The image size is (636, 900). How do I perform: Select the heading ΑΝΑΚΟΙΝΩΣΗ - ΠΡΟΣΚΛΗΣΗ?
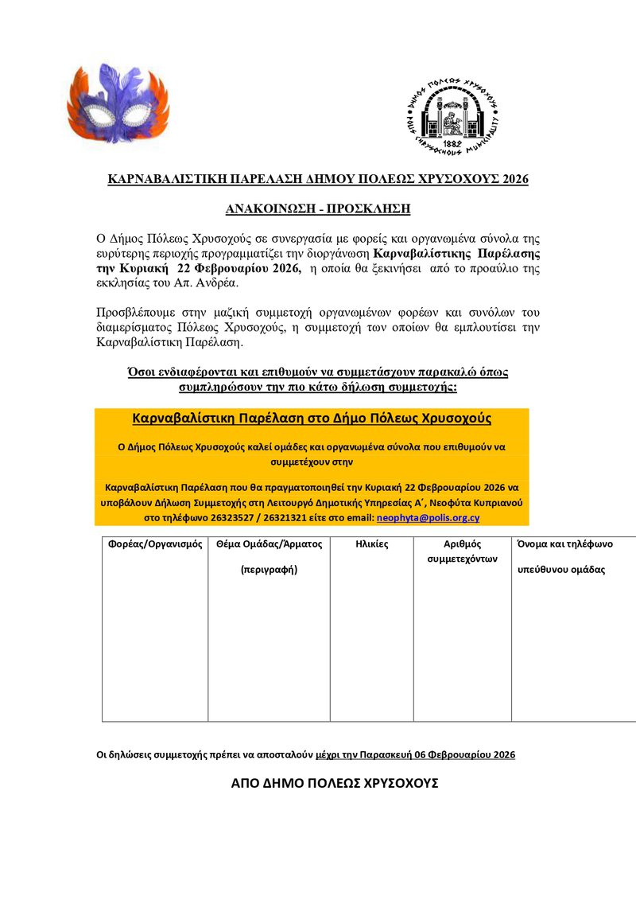317,209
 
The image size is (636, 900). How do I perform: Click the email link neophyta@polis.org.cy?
428,517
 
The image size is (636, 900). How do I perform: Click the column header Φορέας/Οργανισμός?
155,545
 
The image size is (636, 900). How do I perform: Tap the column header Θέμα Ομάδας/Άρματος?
269,545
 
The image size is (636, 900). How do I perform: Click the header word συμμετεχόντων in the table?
462,559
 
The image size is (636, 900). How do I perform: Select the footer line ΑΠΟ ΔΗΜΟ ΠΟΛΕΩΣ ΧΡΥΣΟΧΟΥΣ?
335,783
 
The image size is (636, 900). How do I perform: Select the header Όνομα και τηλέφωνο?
564,545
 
